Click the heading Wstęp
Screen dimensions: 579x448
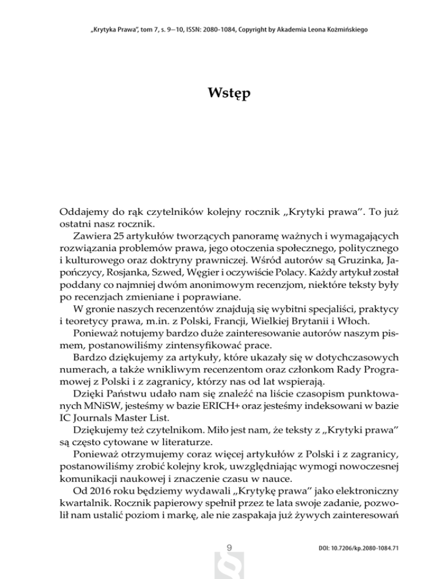223,93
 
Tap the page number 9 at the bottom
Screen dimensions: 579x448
229,547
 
